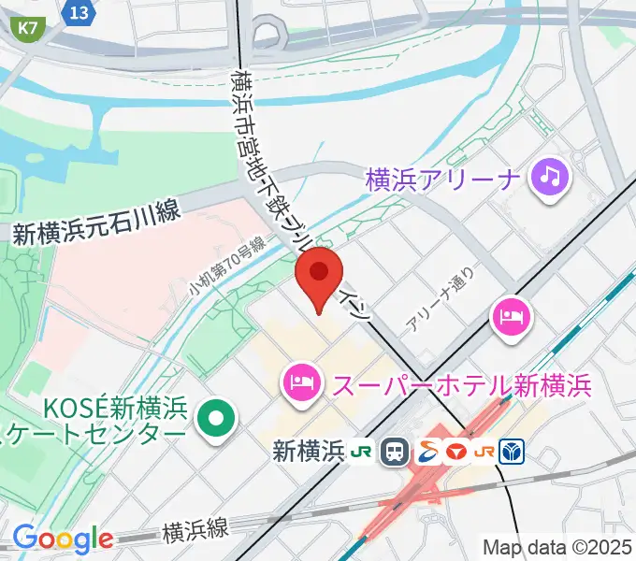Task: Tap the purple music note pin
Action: click(548, 178)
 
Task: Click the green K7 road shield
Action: click(30, 28)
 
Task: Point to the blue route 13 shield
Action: click(80, 11)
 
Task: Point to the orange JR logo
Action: click(484, 453)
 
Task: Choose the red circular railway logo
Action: click(455, 453)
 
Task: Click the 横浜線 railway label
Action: click(195, 529)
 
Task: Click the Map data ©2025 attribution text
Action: click(557, 548)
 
